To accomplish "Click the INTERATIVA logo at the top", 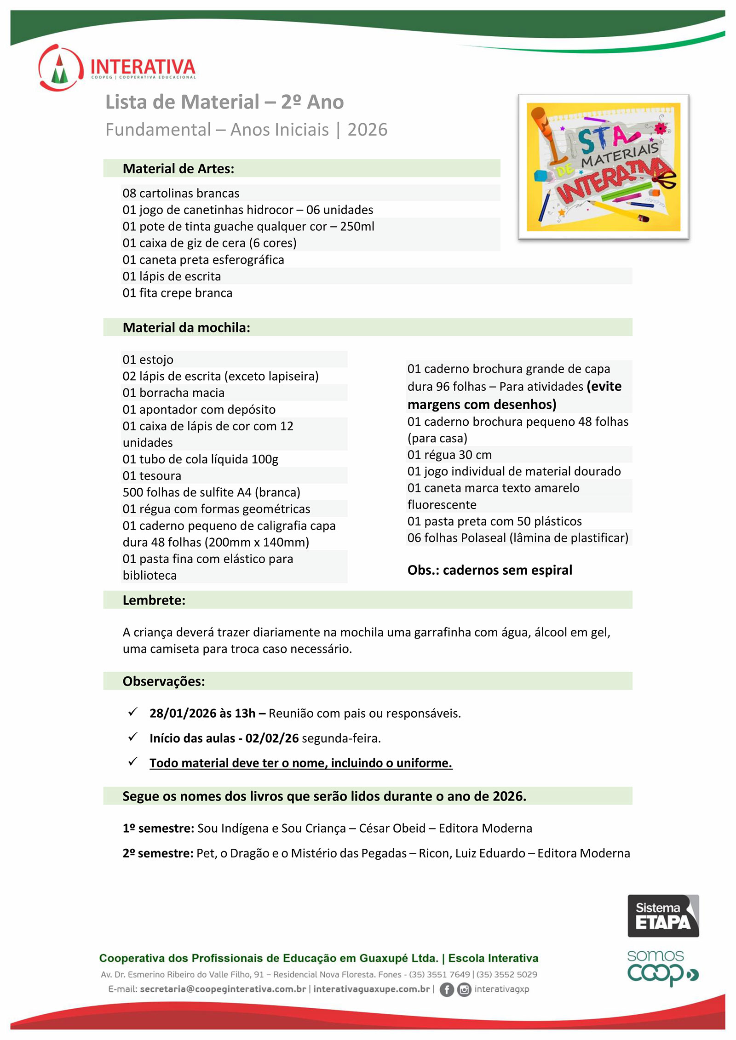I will pos(117,68).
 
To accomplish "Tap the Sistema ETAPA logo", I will pos(663,915).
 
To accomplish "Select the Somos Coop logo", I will pos(662,968).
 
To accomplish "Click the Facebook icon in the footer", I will pos(446,989).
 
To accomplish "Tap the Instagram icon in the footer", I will pos(464,989).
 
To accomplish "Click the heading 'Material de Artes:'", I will pos(178,169).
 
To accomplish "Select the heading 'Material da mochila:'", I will pos(186,327).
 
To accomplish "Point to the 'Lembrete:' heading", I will pos(154,600).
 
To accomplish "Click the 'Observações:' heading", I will pos(164,681).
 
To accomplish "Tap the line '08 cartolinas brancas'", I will pos(181,193).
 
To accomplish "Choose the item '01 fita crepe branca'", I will pos(177,293).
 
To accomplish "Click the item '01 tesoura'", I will pos(152,475).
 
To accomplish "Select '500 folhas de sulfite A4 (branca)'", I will pos(211,492).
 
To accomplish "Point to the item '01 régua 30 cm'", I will pos(449,455).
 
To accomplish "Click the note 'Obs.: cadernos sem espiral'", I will pos(489,570).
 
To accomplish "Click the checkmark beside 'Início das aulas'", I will pos(133,737).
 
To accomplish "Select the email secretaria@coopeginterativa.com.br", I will pos(223,989).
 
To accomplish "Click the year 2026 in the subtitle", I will pos(367,130).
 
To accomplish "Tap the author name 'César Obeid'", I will pos(392,828).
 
